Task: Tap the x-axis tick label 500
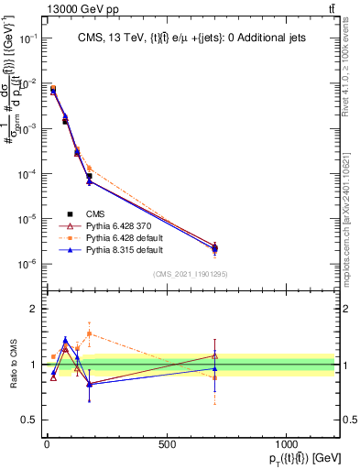(167, 443)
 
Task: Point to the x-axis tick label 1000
(286, 443)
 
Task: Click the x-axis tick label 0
(47, 443)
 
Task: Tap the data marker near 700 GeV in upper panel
(214, 248)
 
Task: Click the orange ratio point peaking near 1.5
(89, 333)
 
